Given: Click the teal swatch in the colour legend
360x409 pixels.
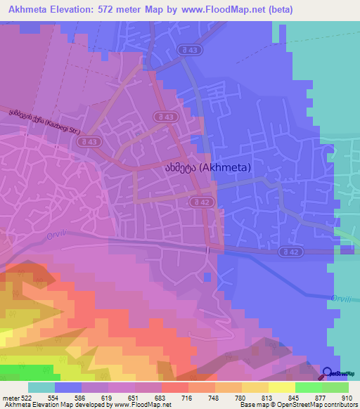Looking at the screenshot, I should [x=41, y=388].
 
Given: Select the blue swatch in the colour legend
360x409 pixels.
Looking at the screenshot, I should [x=68, y=388].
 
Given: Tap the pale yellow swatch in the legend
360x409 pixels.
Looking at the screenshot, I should [x=281, y=388].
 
